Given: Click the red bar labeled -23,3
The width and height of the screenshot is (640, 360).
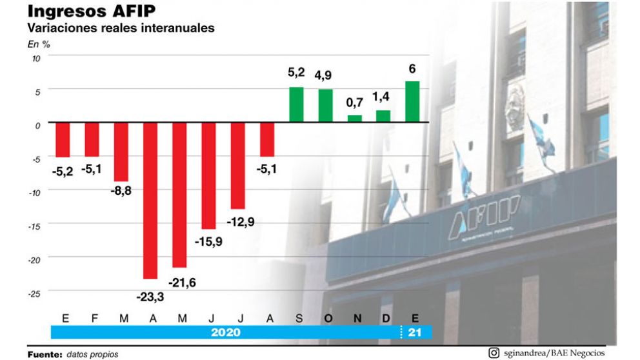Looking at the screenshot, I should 150,201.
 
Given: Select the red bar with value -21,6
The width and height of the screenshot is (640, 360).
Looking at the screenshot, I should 179,195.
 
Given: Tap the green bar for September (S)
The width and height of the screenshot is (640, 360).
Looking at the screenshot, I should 296,105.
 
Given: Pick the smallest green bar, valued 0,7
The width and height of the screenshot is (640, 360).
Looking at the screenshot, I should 355,119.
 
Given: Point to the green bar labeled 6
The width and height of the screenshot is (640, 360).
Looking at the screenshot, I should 412,101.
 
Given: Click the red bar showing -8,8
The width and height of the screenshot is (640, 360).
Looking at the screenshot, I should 121,152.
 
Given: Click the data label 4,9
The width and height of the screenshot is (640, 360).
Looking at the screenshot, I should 325,75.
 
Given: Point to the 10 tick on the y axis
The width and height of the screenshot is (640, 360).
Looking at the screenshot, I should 36,57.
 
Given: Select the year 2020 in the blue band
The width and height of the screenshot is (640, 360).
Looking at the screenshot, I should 225,333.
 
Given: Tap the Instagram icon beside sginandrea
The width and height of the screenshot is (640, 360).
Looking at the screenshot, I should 494,352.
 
